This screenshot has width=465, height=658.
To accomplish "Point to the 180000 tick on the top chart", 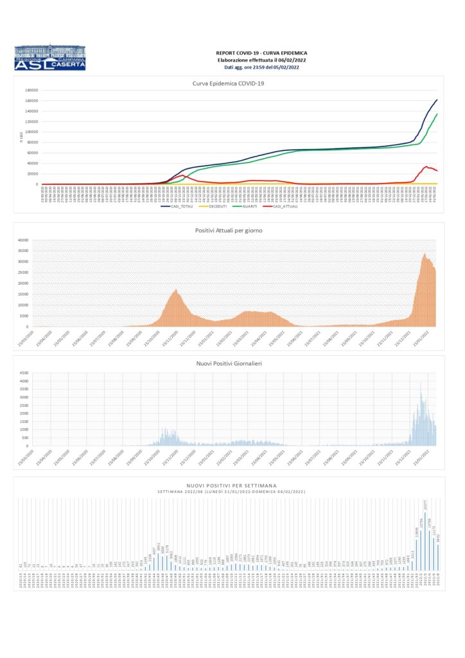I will tap(31, 91).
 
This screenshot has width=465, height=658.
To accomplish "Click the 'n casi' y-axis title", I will tap(21, 137).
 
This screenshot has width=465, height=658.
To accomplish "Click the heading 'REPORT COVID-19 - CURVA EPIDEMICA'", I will tap(261, 53).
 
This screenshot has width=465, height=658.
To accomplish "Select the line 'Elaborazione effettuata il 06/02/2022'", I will tap(261, 60).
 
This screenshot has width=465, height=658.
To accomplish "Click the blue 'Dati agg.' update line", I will tap(261, 67).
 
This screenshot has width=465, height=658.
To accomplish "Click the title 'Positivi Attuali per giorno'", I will tap(229, 230).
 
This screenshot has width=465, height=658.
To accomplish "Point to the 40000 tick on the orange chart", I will tap(23, 240).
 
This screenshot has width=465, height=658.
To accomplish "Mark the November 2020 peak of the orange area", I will tap(177, 290).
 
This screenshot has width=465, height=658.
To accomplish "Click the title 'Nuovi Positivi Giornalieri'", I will tap(229, 364).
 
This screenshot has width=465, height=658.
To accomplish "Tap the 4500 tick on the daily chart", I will tap(24, 373).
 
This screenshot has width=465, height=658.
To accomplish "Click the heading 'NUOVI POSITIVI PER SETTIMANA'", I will tap(231, 486).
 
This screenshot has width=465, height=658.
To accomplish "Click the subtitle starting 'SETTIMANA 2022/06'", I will tap(231, 492).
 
